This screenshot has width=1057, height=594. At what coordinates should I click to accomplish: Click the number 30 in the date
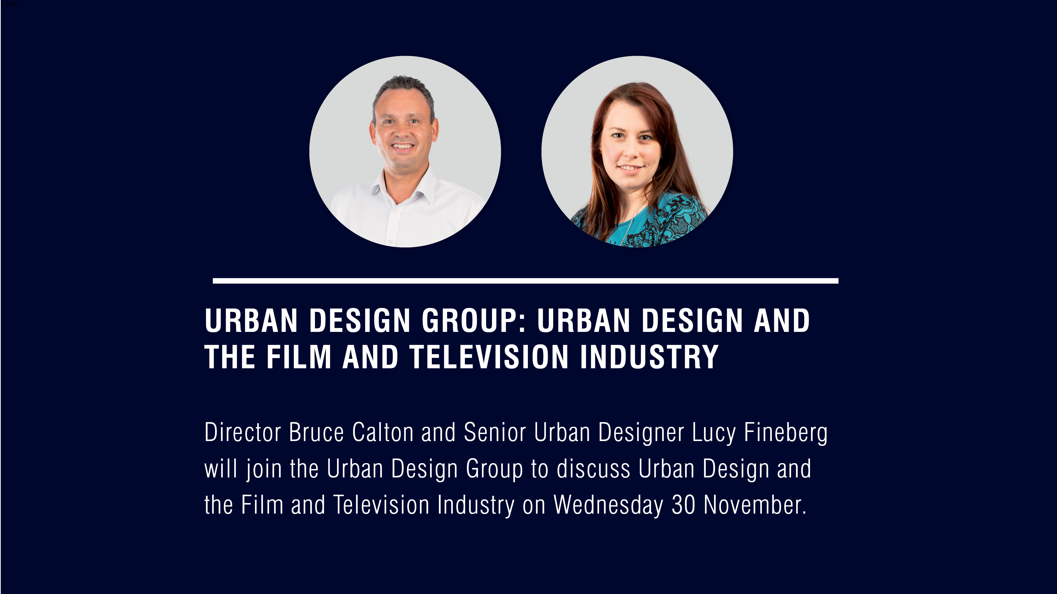683,505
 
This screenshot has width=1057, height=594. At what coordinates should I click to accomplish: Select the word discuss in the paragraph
593,469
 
